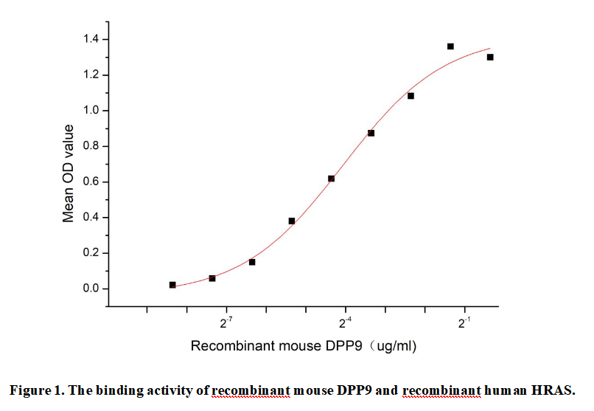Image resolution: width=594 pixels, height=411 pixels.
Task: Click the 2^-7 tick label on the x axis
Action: (226, 323)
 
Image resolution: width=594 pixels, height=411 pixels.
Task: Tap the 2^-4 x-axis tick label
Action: (345, 323)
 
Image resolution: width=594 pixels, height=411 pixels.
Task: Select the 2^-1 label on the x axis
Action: (465, 323)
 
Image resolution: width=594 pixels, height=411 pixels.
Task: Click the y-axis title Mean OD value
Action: (69, 173)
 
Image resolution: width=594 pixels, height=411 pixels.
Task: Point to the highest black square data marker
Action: (450, 46)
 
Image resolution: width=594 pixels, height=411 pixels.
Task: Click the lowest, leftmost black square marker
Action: (172, 285)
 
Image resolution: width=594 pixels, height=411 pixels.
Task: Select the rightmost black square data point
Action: (490, 57)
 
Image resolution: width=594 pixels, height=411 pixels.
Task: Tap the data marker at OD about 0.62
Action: (331, 179)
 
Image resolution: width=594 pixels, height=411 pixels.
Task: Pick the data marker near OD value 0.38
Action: (292, 221)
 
